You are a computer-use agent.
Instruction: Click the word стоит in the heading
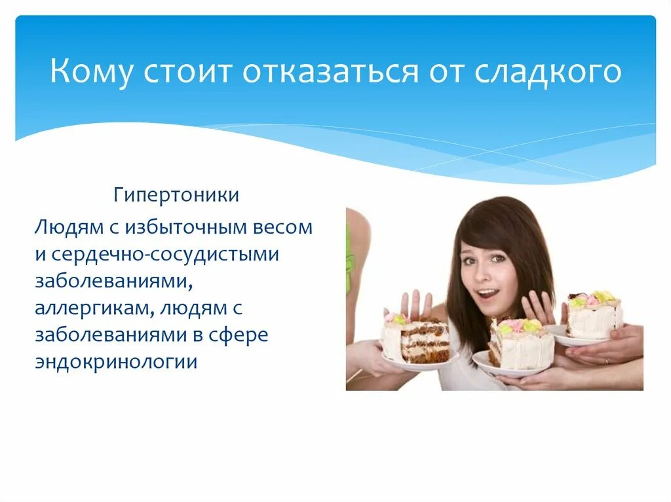189,71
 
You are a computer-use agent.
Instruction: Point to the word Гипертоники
176,195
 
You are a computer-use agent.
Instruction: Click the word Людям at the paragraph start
63,228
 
